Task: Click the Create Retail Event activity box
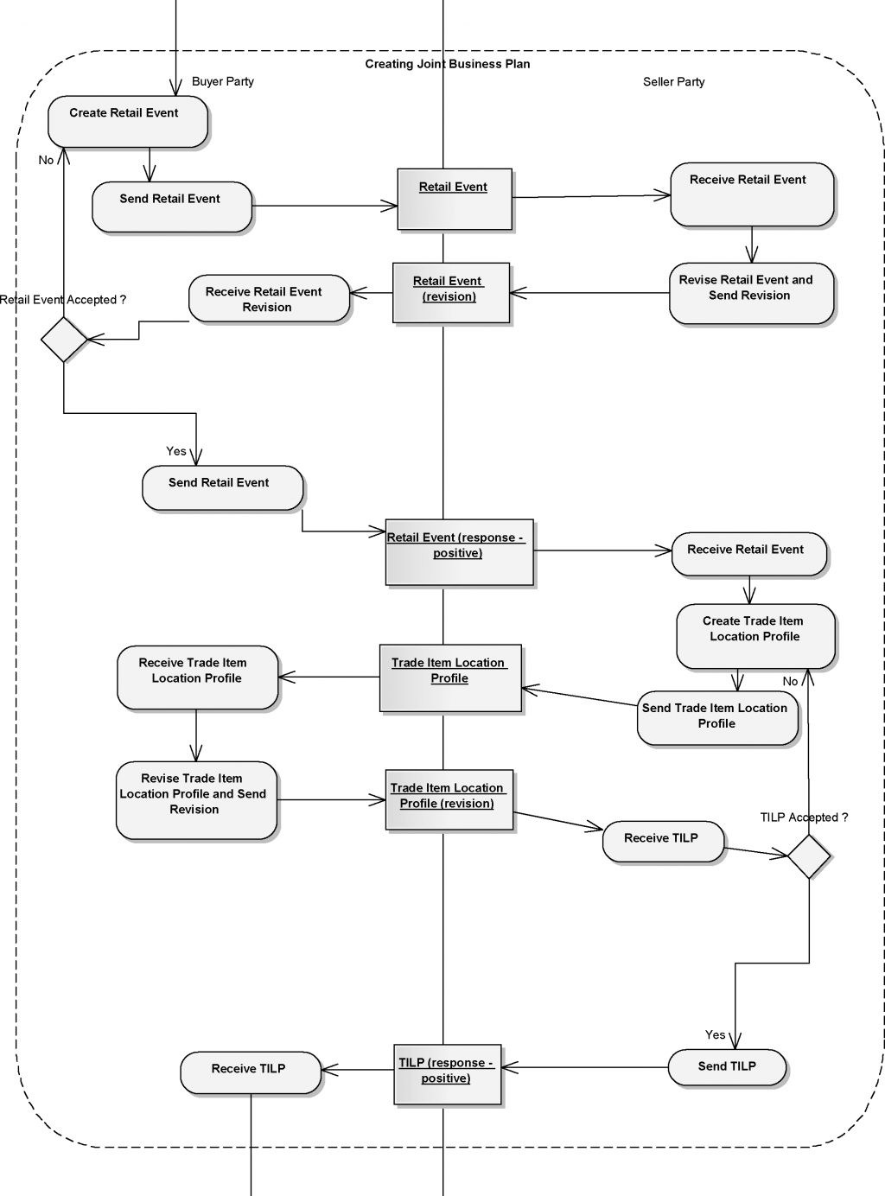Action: (x=127, y=122)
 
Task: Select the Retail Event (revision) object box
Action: (x=451, y=293)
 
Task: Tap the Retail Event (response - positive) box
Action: (x=459, y=552)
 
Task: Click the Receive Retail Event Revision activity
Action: (x=269, y=299)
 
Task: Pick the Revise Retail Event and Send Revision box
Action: (x=751, y=294)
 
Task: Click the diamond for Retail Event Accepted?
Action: (x=65, y=339)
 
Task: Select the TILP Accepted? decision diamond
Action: (x=809, y=856)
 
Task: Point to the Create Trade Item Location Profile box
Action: (x=755, y=636)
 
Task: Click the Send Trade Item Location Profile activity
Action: (x=716, y=717)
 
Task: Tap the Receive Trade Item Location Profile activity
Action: (x=197, y=678)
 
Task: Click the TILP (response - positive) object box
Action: (x=447, y=1074)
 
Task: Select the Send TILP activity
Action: (x=727, y=1067)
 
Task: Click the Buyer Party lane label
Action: (x=223, y=81)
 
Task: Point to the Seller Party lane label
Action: (x=673, y=82)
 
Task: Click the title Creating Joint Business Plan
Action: (x=448, y=64)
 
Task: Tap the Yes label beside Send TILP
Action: (x=715, y=1034)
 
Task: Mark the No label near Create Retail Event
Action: (x=46, y=160)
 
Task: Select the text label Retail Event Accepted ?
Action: (x=63, y=300)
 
